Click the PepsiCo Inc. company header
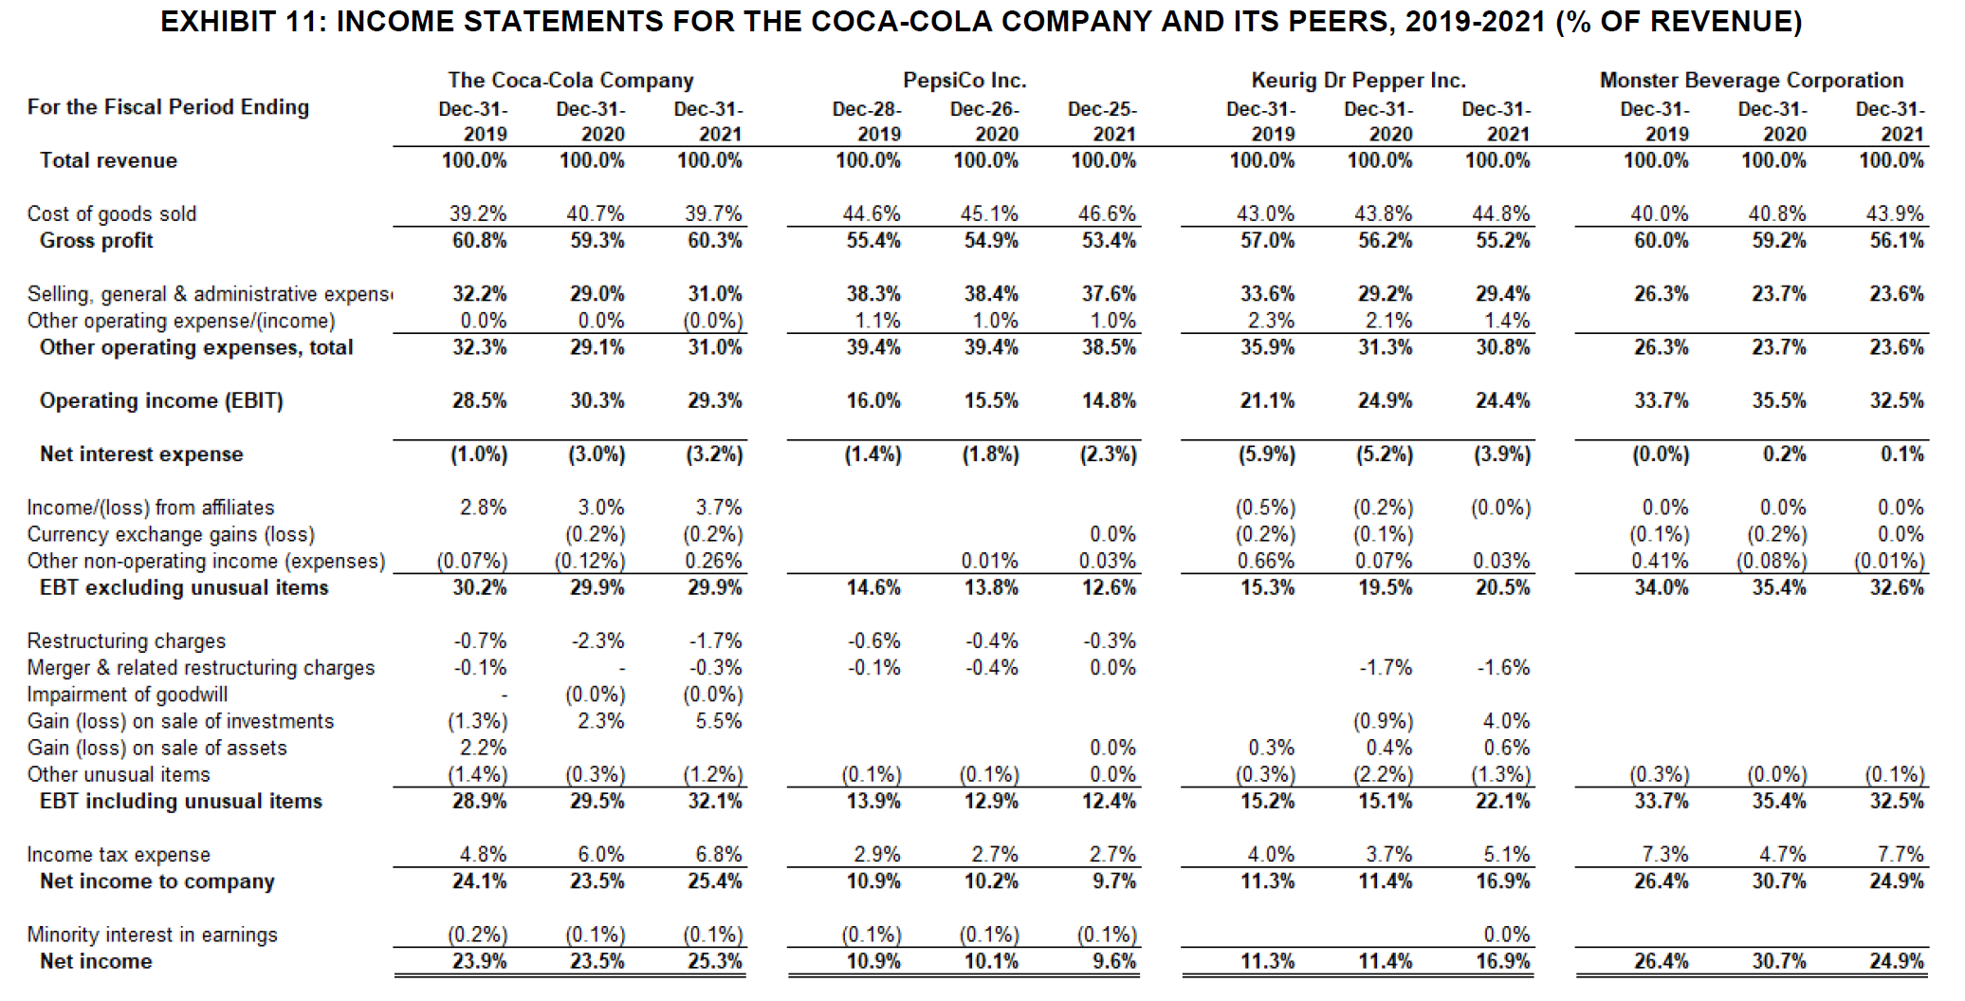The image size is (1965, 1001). click(964, 81)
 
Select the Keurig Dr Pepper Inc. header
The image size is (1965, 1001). click(1358, 81)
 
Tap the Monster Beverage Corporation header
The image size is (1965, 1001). click(1751, 81)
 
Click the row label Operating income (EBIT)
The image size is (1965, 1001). click(161, 401)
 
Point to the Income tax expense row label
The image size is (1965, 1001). click(119, 855)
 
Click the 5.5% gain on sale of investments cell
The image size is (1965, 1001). click(718, 721)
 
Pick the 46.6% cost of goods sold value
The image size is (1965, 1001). click(1107, 214)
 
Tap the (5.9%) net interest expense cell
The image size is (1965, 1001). click(1267, 454)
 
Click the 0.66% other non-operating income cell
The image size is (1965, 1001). click(1266, 562)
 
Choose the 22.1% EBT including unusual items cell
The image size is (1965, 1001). click(1502, 802)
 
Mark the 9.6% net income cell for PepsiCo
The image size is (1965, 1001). click(1113, 961)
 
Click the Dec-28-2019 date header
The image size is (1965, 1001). click(867, 121)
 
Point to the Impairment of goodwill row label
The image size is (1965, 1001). click(127, 695)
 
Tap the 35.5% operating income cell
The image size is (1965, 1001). click(1778, 401)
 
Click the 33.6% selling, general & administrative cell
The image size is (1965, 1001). click(1267, 294)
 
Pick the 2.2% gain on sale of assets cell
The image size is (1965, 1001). click(483, 748)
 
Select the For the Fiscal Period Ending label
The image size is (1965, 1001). click(168, 107)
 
